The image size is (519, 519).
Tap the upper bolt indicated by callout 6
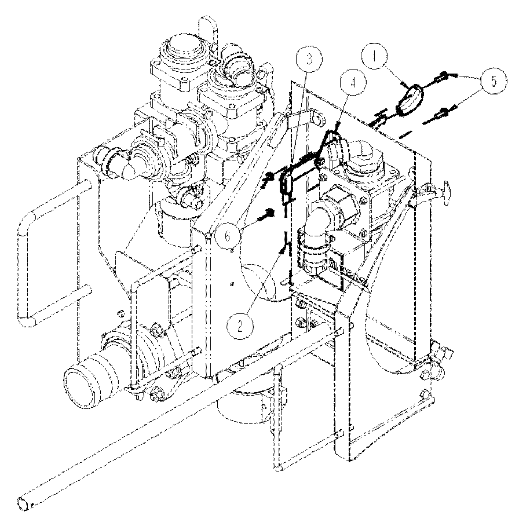[x=269, y=178]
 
